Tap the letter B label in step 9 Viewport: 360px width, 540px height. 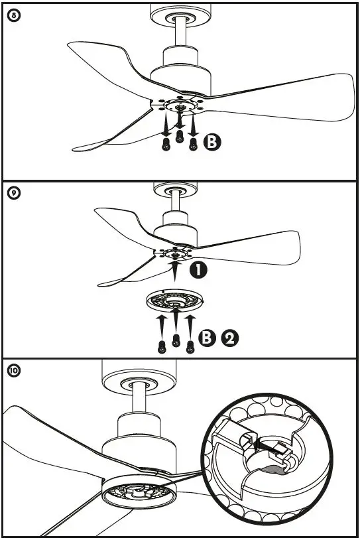(x=208, y=338)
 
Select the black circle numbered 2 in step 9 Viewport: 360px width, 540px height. (x=229, y=338)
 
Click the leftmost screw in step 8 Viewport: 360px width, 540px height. (x=165, y=144)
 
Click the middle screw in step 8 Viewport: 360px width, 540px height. (x=179, y=137)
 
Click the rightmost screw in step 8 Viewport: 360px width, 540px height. (x=194, y=144)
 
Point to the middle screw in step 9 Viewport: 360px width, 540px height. (x=176, y=339)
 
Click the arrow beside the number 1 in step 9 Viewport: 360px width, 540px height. (x=175, y=271)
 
